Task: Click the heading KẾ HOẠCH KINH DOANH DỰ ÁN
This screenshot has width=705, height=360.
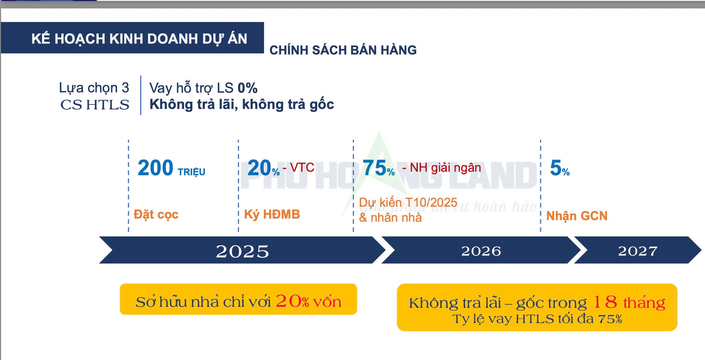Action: click(x=139, y=39)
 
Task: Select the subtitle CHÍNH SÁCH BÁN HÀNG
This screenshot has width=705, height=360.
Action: click(x=343, y=50)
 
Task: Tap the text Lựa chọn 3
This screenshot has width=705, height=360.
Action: click(x=94, y=88)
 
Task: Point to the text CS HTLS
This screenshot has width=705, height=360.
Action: click(x=95, y=105)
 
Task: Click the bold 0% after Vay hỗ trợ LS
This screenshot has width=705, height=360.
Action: click(x=247, y=88)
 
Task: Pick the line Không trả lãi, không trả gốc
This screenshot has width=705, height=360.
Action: click(x=242, y=104)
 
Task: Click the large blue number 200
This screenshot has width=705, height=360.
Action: click(x=155, y=168)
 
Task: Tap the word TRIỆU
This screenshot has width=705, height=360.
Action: click(x=191, y=172)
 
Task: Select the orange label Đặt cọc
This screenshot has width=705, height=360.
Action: click(x=156, y=214)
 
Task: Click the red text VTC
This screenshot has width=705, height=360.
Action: click(x=302, y=167)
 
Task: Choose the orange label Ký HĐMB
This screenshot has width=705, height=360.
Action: click(x=272, y=214)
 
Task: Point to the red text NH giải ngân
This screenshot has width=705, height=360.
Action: click(x=445, y=168)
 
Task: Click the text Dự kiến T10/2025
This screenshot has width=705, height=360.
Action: click(x=408, y=203)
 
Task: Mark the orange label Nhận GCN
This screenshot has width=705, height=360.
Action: click(x=577, y=216)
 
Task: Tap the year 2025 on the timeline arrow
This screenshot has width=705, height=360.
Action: click(x=242, y=252)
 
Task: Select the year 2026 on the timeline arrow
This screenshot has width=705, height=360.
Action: click(x=481, y=251)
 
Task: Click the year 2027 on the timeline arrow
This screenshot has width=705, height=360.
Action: click(x=637, y=251)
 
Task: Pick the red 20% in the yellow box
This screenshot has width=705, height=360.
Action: click(x=292, y=301)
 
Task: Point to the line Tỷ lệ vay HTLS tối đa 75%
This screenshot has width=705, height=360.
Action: click(x=537, y=319)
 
